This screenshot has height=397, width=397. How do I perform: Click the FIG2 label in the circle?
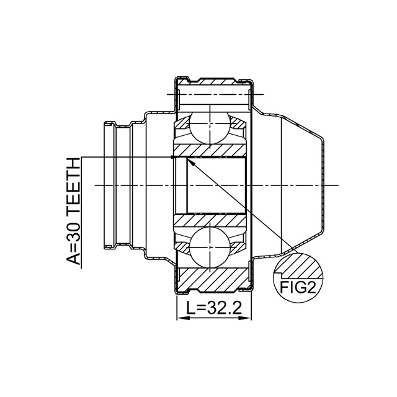(x=298, y=287)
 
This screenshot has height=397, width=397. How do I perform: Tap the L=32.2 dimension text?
(x=214, y=308)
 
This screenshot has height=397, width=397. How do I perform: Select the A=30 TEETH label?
(x=73, y=211)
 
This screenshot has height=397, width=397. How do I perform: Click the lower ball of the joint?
(x=210, y=247)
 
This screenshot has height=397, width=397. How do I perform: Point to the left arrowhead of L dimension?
(x=183, y=318)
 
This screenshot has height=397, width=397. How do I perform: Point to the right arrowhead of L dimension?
(x=245, y=318)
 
